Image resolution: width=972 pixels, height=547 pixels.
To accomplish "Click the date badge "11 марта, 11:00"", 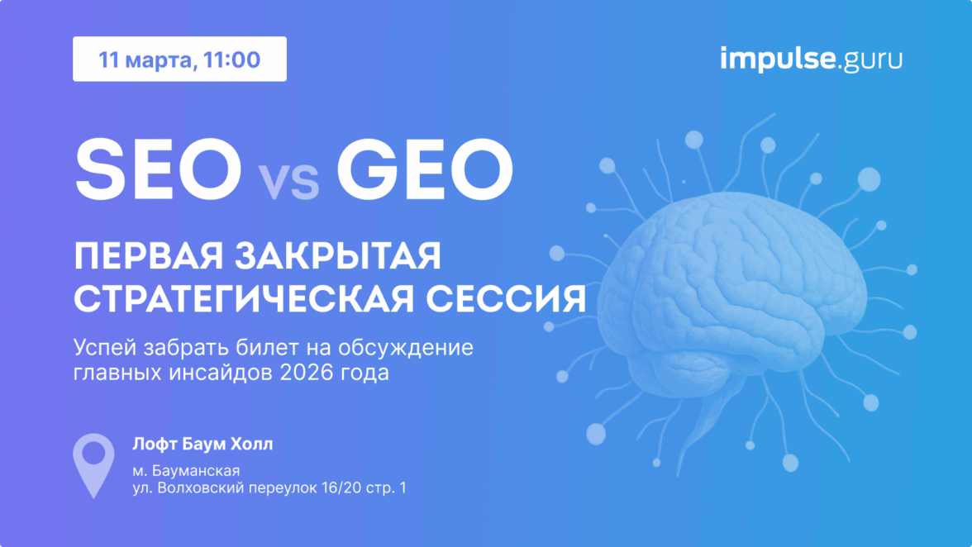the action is point(180,59).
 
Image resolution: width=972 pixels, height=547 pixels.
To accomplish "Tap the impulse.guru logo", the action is point(811,59).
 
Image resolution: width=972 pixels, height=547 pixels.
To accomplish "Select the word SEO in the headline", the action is point(158,169).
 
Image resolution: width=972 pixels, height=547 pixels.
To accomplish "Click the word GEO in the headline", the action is point(425,169).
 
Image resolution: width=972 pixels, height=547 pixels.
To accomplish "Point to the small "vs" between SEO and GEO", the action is point(289,182).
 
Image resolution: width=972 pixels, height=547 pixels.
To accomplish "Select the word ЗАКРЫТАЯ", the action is point(339,256).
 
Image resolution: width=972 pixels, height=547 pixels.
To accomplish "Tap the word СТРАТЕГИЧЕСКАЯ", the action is point(245,299).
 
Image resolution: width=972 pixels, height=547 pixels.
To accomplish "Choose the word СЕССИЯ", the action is point(506,299).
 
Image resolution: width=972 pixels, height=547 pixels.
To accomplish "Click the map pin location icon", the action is point(93,465).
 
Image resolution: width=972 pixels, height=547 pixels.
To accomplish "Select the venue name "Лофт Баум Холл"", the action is point(202,445).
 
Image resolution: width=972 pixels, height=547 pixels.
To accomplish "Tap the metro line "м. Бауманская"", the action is point(186,470).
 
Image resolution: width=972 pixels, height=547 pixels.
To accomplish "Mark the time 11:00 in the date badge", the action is point(231,60).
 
